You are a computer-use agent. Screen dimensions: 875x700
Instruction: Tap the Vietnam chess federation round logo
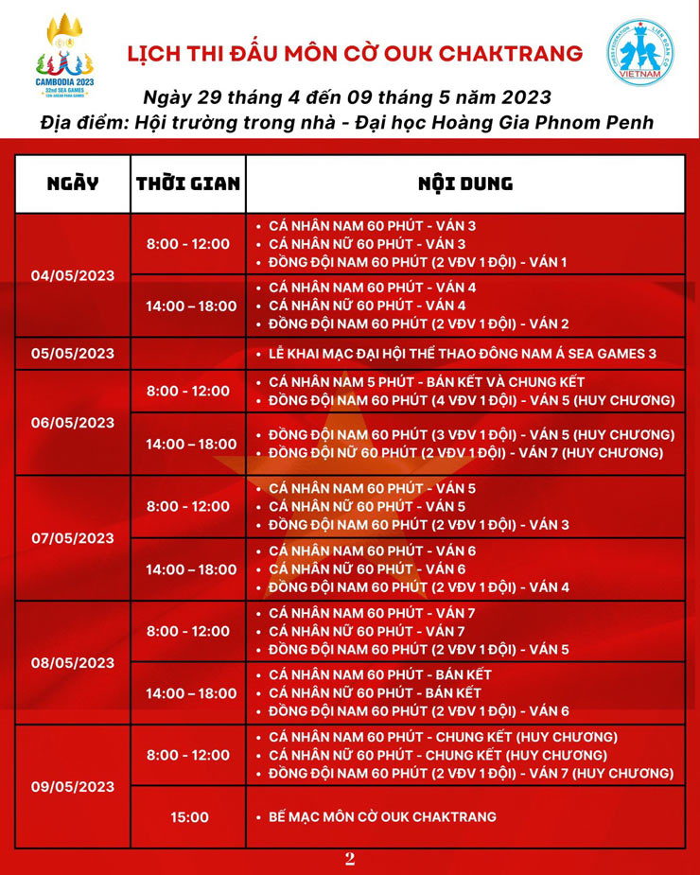(639, 53)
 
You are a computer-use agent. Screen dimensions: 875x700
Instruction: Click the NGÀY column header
(72, 184)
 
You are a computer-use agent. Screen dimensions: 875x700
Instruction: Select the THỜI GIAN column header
(187, 184)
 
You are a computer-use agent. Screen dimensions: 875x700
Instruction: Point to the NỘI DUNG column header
(464, 184)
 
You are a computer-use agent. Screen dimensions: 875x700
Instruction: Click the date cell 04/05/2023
(72, 275)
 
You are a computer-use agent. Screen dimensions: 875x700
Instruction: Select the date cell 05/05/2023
(72, 354)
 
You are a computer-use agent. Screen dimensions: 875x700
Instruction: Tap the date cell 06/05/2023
(72, 422)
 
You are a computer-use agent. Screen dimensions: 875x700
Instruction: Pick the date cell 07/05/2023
(72, 537)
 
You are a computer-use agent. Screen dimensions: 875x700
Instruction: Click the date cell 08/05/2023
(72, 662)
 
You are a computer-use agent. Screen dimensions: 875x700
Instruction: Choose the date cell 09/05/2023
(72, 786)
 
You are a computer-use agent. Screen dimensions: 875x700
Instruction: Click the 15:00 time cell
(187, 817)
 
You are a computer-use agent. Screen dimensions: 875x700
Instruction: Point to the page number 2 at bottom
(350, 859)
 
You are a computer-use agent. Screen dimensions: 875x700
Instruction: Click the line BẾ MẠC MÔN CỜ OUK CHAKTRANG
(382, 817)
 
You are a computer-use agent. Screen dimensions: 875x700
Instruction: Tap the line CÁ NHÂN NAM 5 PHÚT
(427, 382)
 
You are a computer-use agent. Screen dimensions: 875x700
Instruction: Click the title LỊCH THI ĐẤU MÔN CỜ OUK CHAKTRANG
(355, 53)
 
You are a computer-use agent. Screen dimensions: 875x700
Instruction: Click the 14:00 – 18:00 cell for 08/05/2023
(187, 693)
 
